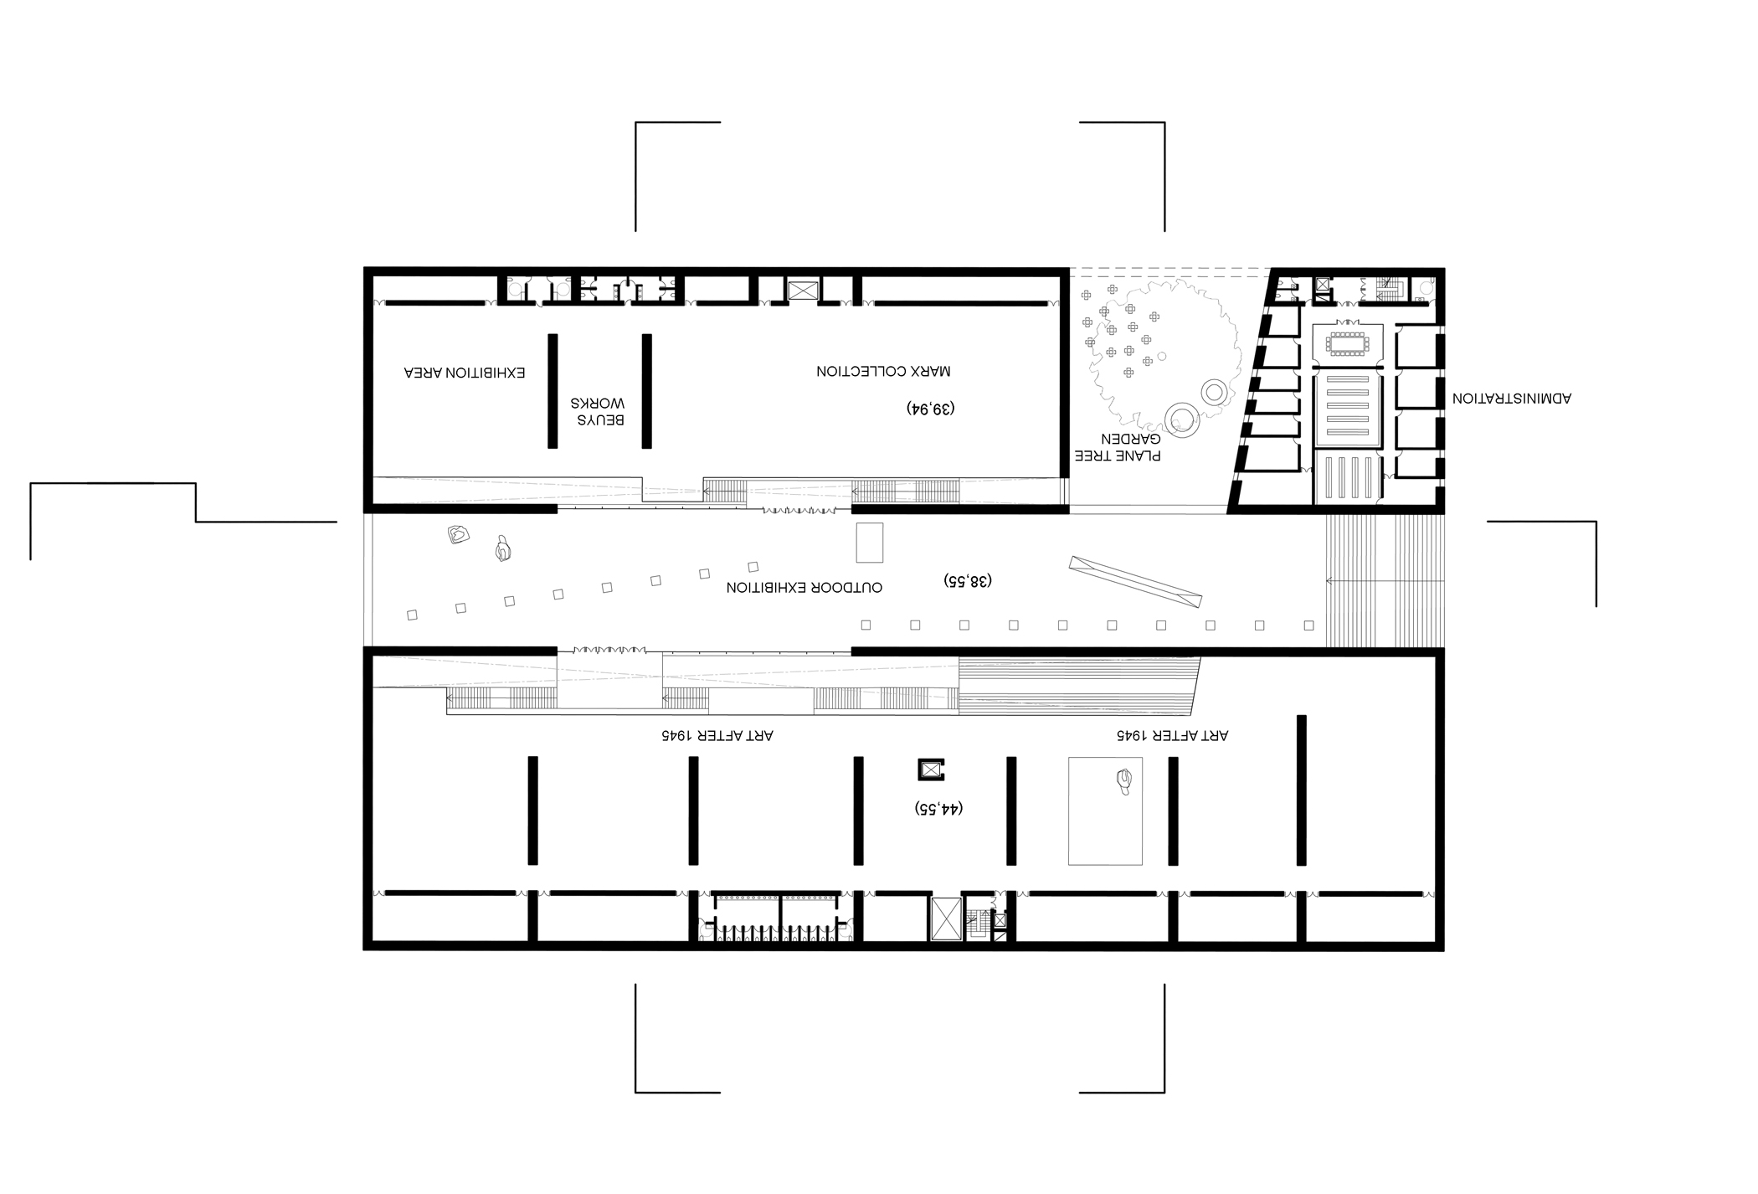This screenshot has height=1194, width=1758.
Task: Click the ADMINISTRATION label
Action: pyautogui.click(x=1512, y=399)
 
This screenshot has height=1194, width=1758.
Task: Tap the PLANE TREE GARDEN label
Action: pyautogui.click(x=1130, y=448)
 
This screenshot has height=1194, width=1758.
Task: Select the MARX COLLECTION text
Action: pyautogui.click(x=884, y=371)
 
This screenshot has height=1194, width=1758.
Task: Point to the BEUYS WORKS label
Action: pyautogui.click(x=598, y=410)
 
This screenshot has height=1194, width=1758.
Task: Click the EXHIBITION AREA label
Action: pyautogui.click(x=465, y=373)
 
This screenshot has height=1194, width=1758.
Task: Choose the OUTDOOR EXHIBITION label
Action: pyautogui.click(x=804, y=588)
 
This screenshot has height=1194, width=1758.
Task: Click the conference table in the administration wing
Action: pyautogui.click(x=1346, y=342)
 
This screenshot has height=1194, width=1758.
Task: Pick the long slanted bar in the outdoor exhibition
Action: pyautogui.click(x=1135, y=582)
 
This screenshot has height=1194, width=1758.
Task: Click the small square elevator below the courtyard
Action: pyautogui.click(x=931, y=769)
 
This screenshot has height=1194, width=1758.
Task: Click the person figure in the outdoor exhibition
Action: pyautogui.click(x=502, y=549)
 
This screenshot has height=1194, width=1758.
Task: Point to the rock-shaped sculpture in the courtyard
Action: pyautogui.click(x=457, y=534)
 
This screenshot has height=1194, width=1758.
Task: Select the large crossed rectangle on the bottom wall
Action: pyautogui.click(x=946, y=919)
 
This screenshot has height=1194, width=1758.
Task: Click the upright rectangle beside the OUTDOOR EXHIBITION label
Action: pyautogui.click(x=869, y=543)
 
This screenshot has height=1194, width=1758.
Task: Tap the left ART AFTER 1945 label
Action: pyautogui.click(x=717, y=735)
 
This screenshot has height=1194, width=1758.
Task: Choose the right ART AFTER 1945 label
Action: pyautogui.click(x=1172, y=735)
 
